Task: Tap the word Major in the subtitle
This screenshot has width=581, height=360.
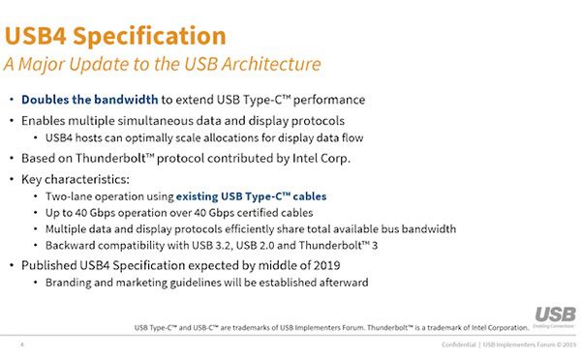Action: click(x=49, y=65)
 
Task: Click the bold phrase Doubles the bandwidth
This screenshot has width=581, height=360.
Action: click(x=90, y=100)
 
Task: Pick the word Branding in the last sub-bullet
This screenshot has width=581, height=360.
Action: click(x=70, y=282)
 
